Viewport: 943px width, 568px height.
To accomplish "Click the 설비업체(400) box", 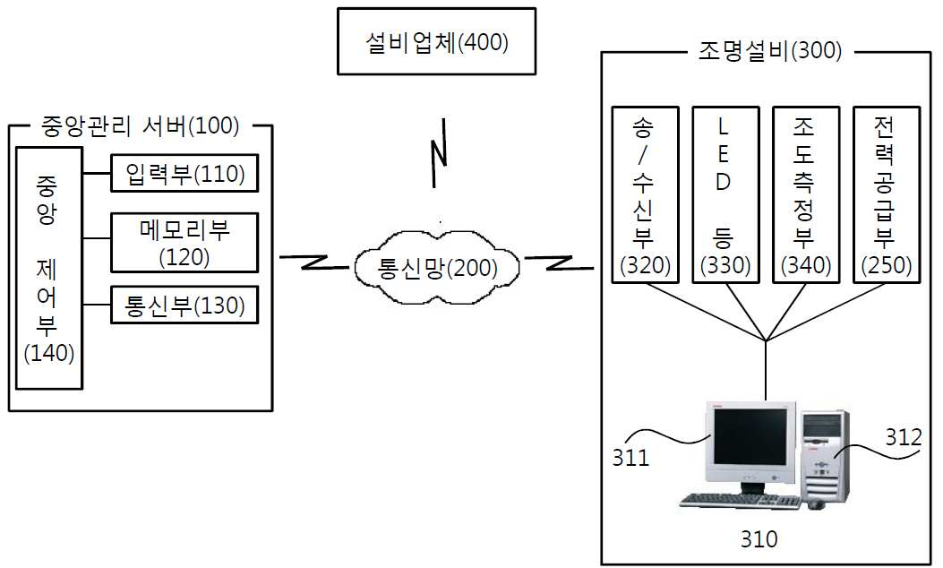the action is pyautogui.click(x=436, y=41).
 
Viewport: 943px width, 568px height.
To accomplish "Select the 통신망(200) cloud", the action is pyautogui.click(x=437, y=267).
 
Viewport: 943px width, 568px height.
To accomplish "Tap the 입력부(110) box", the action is pyautogui.click(x=184, y=173).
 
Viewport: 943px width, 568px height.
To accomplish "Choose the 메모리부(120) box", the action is pyautogui.click(x=184, y=243).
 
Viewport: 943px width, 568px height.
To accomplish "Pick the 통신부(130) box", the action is pyautogui.click(x=184, y=306).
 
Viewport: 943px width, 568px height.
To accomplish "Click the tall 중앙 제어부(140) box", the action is pyautogui.click(x=48, y=269).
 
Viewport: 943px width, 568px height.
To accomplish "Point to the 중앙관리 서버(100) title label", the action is pyautogui.click(x=140, y=125).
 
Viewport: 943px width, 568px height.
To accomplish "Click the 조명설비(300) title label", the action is pyautogui.click(x=770, y=50).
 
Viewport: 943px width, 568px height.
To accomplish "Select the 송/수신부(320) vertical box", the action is pyautogui.click(x=645, y=195).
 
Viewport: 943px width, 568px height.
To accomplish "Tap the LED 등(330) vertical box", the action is pyautogui.click(x=725, y=195).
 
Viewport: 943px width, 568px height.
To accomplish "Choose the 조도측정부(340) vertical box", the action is pyautogui.click(x=806, y=195).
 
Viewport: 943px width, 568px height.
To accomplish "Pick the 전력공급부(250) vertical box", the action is pyautogui.click(x=887, y=195).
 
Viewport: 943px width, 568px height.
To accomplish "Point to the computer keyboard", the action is pyautogui.click(x=741, y=501).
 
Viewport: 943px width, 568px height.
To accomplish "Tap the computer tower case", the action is pyautogui.click(x=825, y=457).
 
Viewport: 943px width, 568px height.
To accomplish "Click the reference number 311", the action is pyautogui.click(x=630, y=458).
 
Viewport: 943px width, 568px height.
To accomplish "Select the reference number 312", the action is pyautogui.click(x=904, y=437).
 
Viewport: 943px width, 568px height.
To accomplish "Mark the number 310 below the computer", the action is pyautogui.click(x=759, y=538).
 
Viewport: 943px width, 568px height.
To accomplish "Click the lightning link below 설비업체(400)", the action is pyautogui.click(x=439, y=153).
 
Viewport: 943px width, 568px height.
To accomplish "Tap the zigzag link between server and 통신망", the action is pyautogui.click(x=314, y=262).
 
